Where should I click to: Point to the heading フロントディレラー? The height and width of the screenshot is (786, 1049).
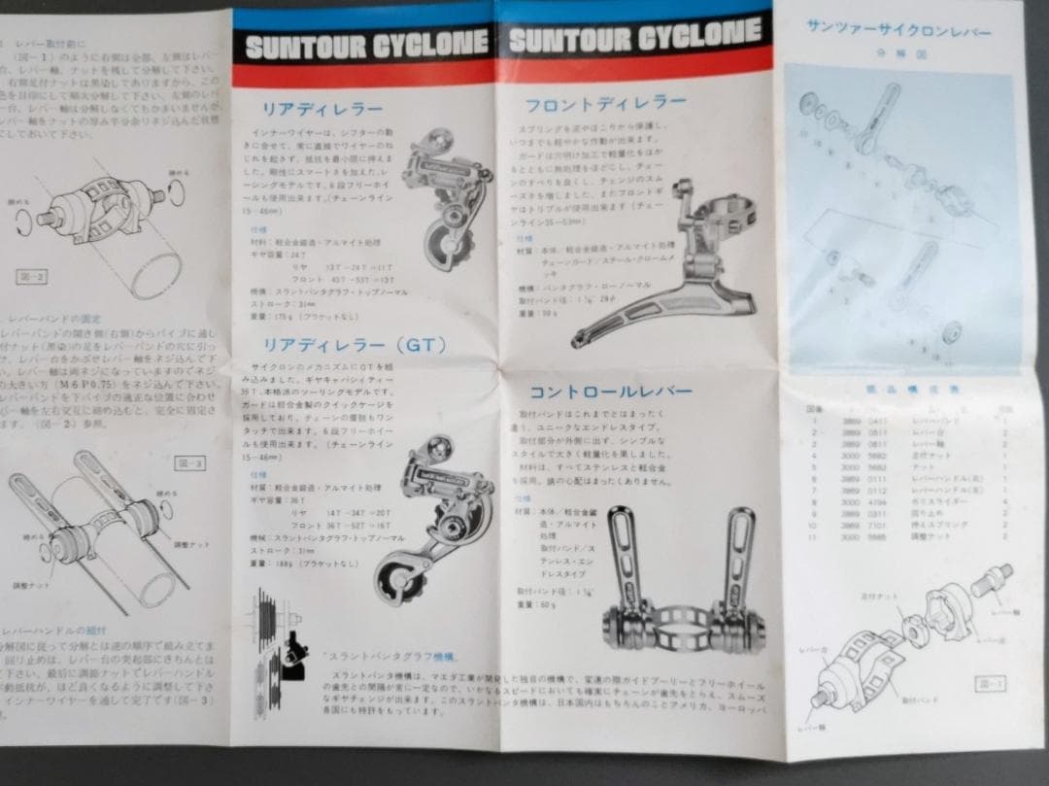coord(605,104)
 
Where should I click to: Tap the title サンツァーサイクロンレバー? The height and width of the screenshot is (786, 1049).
coord(898,31)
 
